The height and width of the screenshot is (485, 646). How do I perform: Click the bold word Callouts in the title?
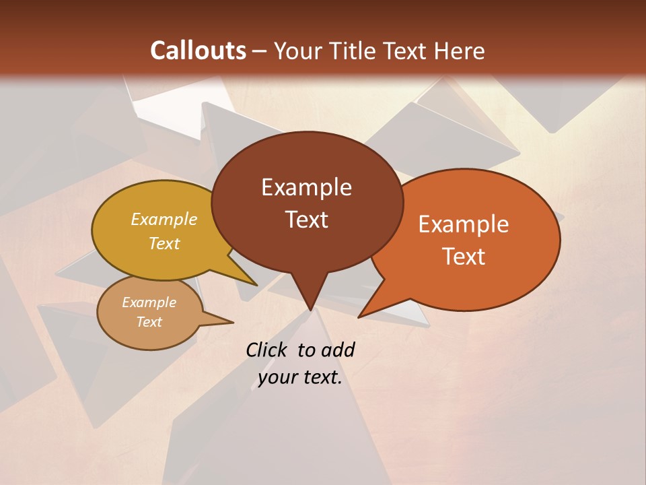(198, 51)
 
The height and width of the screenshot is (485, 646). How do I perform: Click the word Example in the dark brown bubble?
(306, 187)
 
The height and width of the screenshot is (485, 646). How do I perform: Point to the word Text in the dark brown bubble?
(306, 220)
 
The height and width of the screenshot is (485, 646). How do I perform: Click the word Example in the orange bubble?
(464, 224)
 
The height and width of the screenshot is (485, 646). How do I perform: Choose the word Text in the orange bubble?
(464, 257)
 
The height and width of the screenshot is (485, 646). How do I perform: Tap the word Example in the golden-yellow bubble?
(164, 220)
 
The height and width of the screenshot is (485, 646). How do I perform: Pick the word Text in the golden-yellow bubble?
(164, 243)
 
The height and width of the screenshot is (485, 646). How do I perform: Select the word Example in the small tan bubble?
(149, 302)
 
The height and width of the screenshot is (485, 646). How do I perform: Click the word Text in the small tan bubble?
(149, 322)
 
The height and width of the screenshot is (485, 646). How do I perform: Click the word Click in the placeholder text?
(268, 350)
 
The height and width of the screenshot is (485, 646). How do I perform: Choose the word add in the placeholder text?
(338, 350)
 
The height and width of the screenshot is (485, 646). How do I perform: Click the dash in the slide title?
(260, 51)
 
